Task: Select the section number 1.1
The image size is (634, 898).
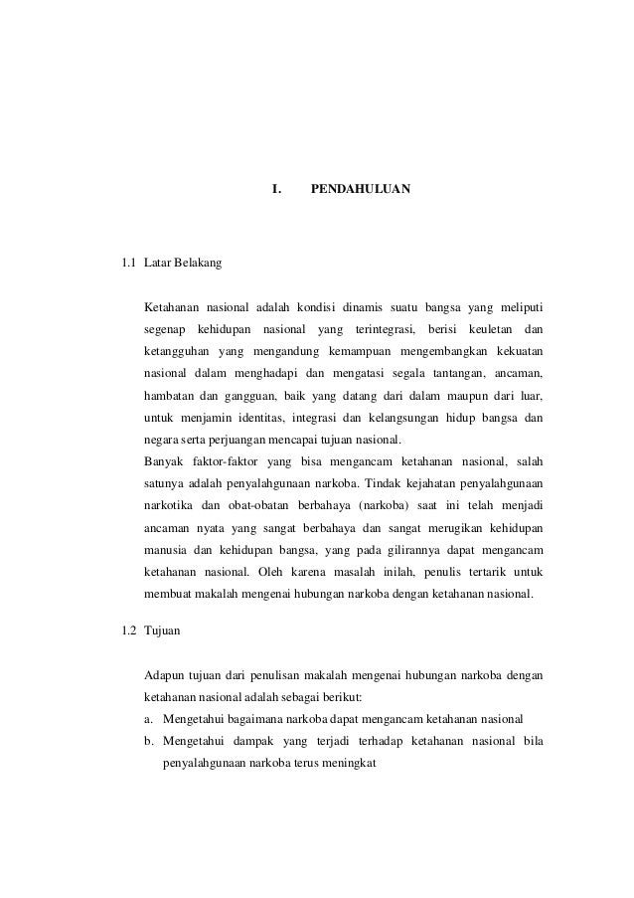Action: pyautogui.click(x=127, y=266)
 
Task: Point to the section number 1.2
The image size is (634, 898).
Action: pyautogui.click(x=127, y=631)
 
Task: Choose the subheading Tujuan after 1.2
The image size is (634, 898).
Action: pyautogui.click(x=161, y=631)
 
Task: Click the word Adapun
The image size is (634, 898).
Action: pyautogui.click(x=167, y=675)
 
